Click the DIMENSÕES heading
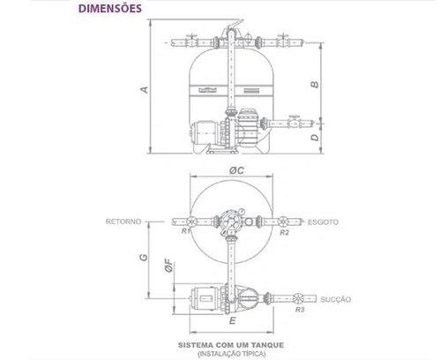(x=110, y=8)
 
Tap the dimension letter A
(x=145, y=89)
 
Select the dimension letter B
(x=315, y=85)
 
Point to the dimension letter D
(x=315, y=138)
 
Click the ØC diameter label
(x=236, y=170)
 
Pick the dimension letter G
(x=144, y=257)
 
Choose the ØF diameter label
(x=169, y=266)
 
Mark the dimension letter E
(x=233, y=320)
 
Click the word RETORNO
(x=123, y=221)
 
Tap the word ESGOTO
(x=323, y=222)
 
